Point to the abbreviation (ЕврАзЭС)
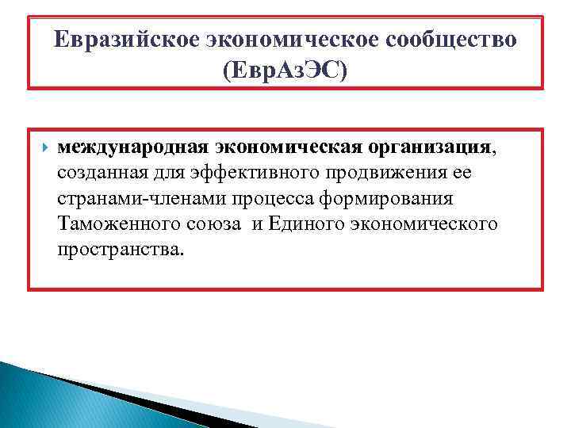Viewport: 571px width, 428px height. [285, 72]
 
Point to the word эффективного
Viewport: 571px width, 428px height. [254, 173]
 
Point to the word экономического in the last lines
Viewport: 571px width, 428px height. [429, 224]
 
